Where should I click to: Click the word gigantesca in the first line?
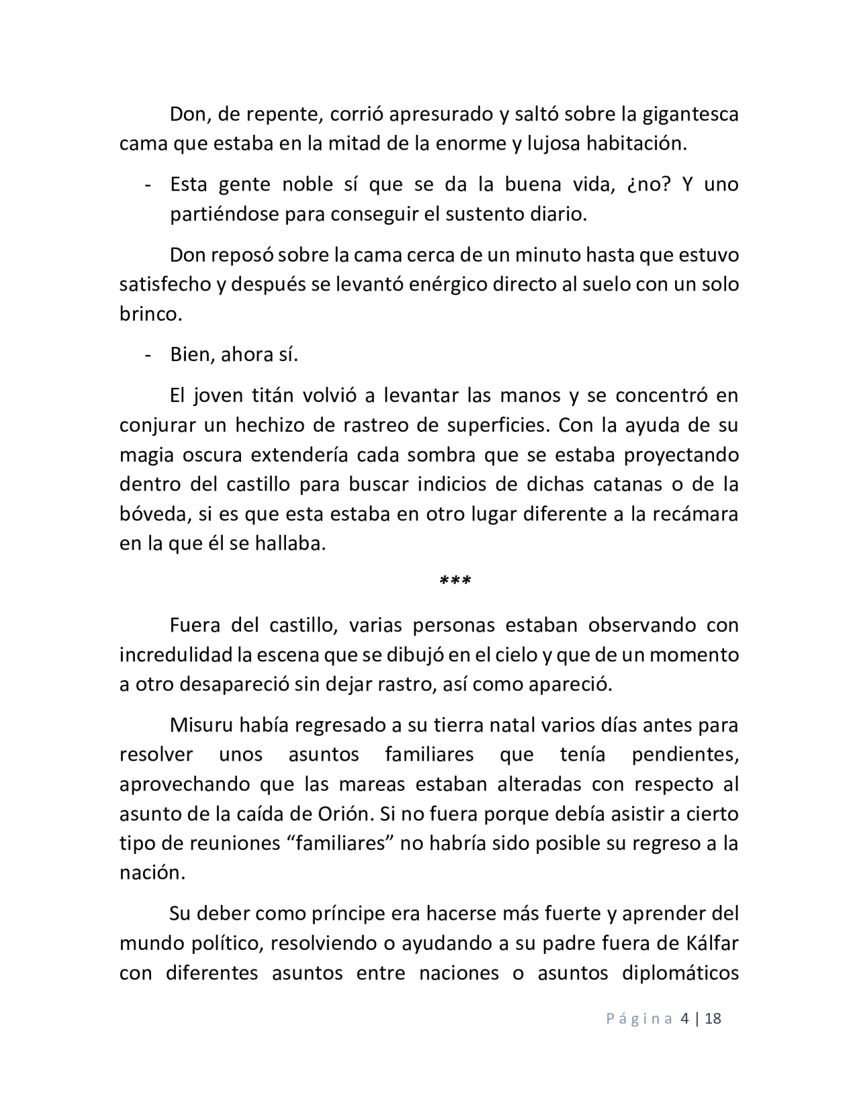click(691, 115)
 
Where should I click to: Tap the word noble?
click(307, 184)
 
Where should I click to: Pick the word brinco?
click(150, 314)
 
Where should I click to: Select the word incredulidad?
click(176, 655)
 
